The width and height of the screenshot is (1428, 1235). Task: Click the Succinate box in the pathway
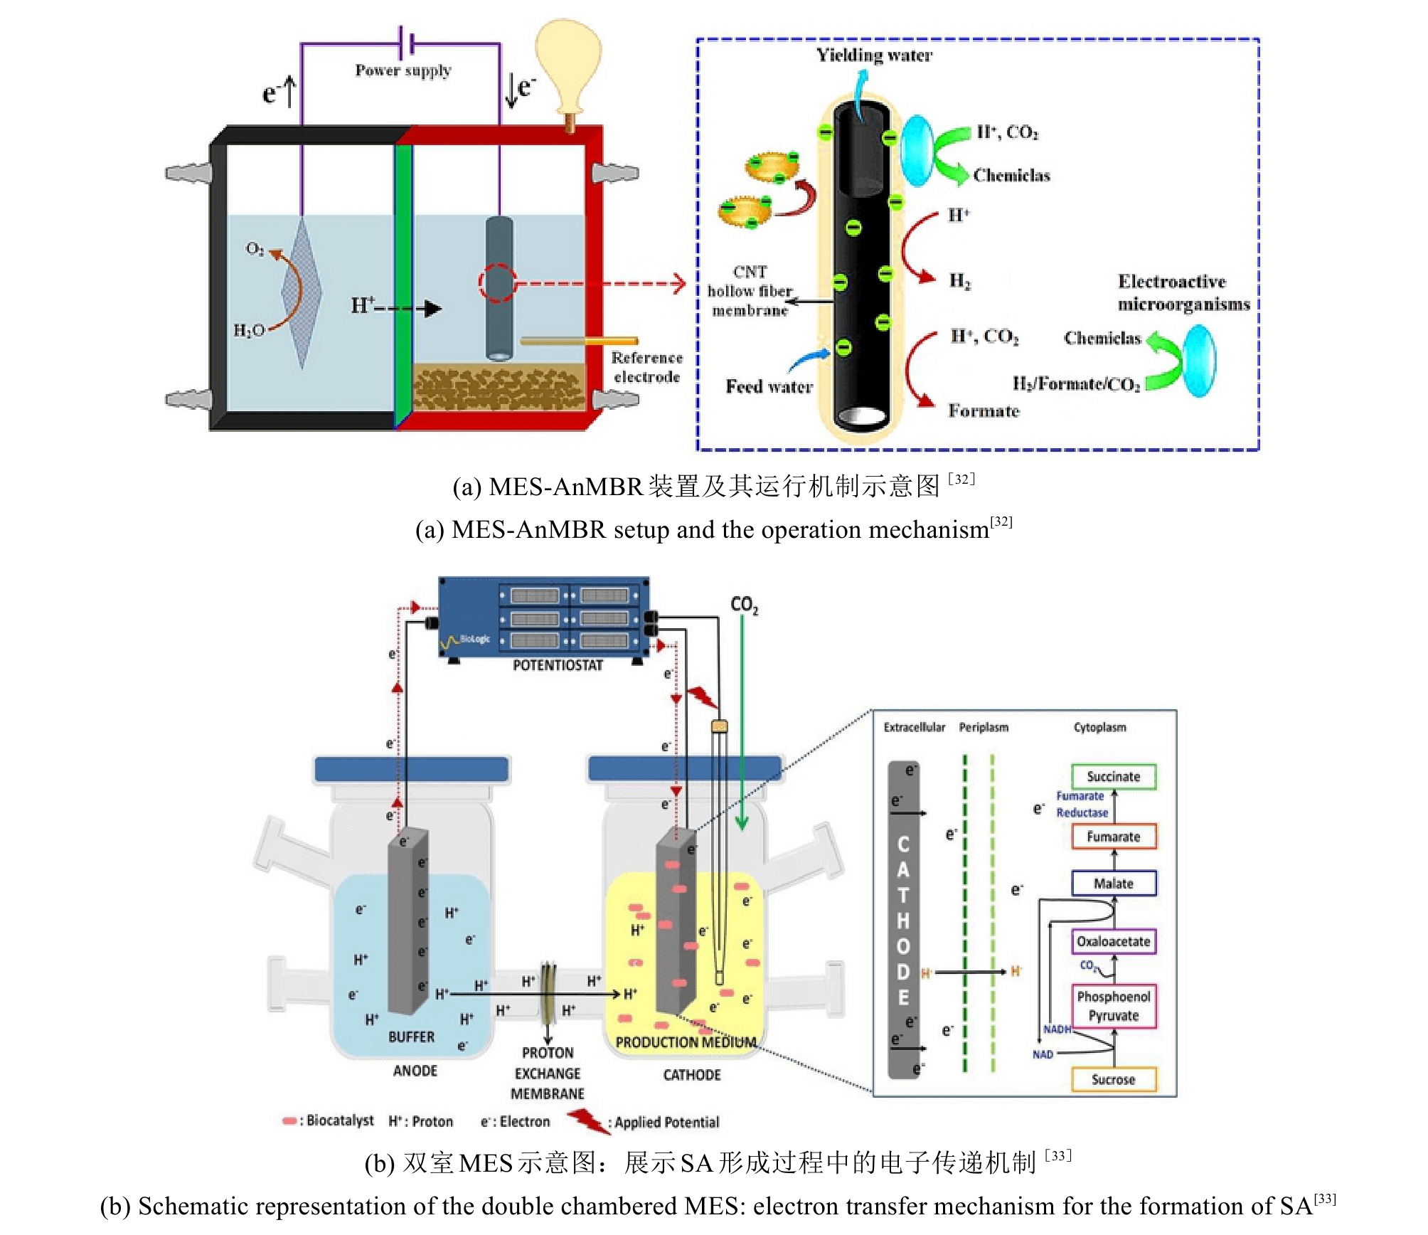(1113, 776)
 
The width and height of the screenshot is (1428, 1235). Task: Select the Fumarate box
(1113, 837)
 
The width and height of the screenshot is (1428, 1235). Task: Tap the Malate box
(1113, 884)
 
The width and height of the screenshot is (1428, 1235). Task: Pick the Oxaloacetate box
(1113, 941)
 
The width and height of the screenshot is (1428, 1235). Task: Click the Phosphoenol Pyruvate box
(1113, 1006)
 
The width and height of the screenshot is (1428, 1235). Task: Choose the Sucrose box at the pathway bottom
(1113, 1079)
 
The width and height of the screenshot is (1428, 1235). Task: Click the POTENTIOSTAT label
(558, 665)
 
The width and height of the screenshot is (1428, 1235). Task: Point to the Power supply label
(403, 70)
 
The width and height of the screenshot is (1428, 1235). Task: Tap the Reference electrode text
(646, 367)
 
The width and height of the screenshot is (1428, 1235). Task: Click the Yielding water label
(874, 55)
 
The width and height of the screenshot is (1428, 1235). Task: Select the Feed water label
(769, 387)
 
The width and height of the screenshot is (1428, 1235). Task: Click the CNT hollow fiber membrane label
(750, 291)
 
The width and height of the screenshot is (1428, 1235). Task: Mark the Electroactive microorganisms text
(1183, 292)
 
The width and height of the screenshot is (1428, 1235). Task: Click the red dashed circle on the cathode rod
(497, 282)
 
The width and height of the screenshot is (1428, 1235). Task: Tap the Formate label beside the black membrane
(984, 411)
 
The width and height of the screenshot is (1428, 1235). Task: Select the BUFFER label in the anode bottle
(411, 1037)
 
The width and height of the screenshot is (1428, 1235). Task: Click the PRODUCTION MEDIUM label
(686, 1042)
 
